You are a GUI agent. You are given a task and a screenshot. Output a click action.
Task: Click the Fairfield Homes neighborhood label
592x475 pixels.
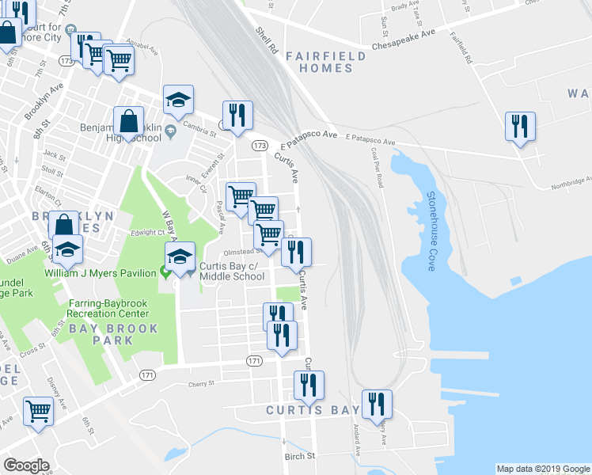coord(325,62)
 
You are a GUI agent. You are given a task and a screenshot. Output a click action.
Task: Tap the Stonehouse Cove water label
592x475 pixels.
coord(431,231)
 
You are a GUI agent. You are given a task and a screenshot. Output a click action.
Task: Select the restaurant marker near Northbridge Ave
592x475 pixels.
coord(520,127)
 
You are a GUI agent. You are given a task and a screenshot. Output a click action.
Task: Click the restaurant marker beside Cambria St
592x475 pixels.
coord(237,116)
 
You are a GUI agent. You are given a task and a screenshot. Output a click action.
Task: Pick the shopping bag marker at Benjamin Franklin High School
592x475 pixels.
coord(128,123)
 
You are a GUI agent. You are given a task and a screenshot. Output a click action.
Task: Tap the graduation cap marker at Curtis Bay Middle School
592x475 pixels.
coord(180,257)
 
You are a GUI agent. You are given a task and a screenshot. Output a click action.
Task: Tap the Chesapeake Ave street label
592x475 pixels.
coord(405,35)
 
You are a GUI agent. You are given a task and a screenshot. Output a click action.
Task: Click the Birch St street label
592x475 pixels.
coord(300,456)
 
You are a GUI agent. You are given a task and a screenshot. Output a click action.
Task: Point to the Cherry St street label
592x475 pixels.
coord(201,384)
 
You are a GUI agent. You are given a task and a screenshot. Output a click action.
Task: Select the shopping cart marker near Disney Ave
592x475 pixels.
coord(37,412)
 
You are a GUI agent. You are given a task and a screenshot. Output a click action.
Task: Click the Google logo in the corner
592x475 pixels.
coord(27,465)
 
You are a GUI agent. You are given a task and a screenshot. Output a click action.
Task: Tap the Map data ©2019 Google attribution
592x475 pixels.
coord(542,469)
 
